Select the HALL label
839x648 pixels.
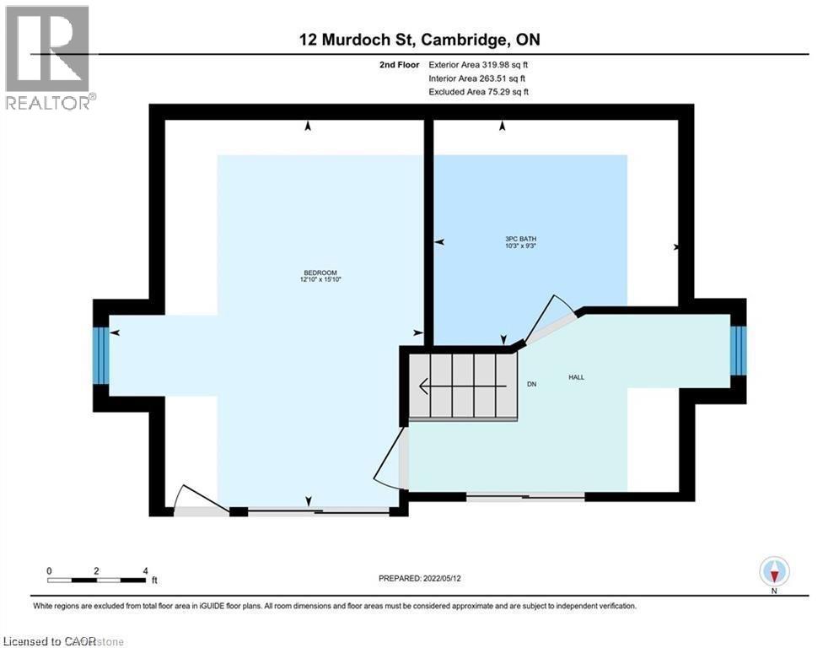[x=577, y=377]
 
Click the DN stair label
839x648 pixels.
[x=532, y=384]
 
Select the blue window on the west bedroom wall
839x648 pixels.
[x=100, y=355]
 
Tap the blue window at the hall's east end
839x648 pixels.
[x=739, y=350]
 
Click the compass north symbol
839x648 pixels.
[x=773, y=571]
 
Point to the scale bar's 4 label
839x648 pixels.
[x=146, y=571]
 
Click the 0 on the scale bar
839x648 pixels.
[x=49, y=571]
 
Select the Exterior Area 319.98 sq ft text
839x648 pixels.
[x=478, y=64]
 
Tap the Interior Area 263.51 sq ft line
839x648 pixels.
[x=478, y=78]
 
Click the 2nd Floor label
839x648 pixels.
[x=398, y=64]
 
